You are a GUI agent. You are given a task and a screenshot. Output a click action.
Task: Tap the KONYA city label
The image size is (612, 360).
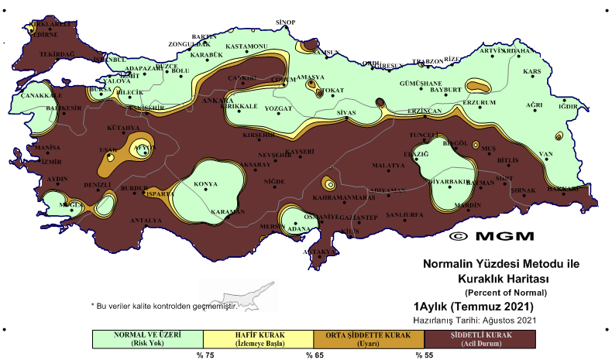(x=205, y=184)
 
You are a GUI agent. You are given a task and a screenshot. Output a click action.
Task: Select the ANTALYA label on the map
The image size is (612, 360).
(x=146, y=221)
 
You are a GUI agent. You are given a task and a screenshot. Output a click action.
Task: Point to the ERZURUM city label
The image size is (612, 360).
(x=478, y=102)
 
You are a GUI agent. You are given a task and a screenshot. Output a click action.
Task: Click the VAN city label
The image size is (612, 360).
(x=546, y=154)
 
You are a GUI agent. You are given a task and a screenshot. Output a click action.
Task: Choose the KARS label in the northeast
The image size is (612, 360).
(x=531, y=72)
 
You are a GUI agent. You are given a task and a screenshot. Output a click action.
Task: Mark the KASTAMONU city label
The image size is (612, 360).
(x=246, y=46)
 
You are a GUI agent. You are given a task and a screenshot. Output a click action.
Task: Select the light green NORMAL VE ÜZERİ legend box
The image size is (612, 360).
(x=147, y=339)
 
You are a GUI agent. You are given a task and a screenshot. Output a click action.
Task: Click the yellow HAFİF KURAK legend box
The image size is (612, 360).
(x=258, y=339)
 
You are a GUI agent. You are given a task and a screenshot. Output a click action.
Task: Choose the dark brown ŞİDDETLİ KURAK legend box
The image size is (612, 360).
(x=480, y=339)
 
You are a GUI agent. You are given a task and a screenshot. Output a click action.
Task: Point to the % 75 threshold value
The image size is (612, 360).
(x=204, y=355)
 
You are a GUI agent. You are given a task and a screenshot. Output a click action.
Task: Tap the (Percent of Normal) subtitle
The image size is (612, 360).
(x=506, y=292)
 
